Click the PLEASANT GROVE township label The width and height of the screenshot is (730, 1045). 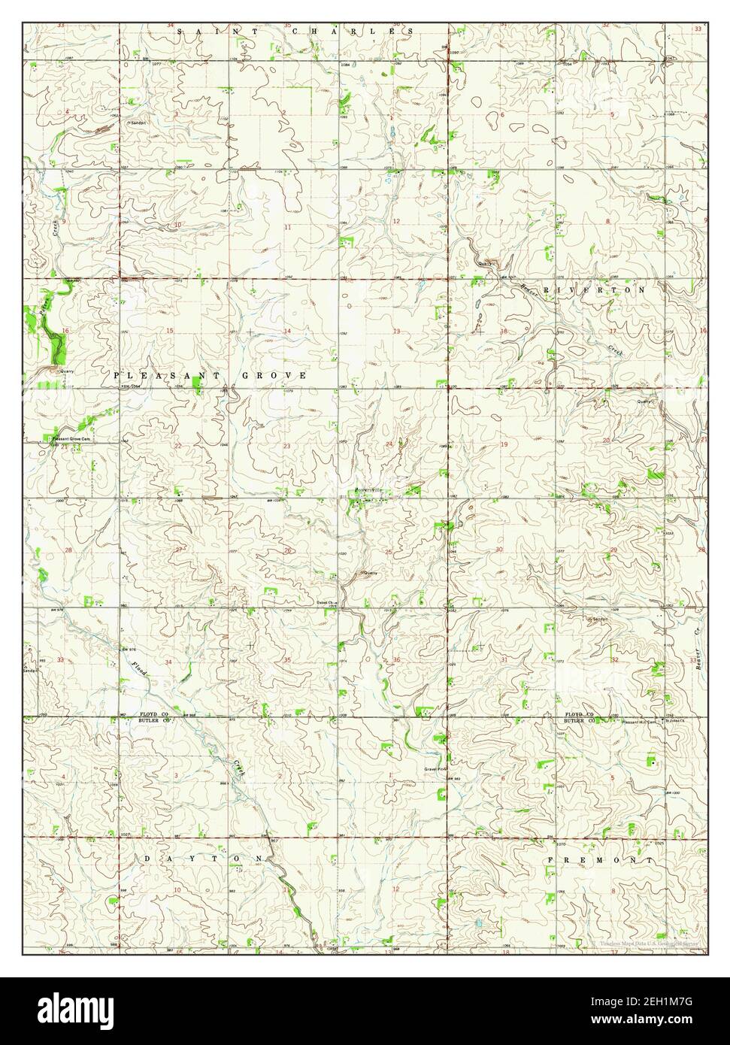[x=210, y=374]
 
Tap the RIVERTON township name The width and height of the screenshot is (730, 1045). [x=595, y=289]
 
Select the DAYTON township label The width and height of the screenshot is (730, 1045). [x=202, y=858]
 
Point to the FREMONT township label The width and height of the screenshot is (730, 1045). [x=598, y=859]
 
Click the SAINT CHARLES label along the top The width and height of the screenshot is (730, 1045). [x=295, y=32]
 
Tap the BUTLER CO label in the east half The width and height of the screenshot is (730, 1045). [x=580, y=720]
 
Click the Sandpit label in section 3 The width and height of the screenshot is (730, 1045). [x=137, y=122]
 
